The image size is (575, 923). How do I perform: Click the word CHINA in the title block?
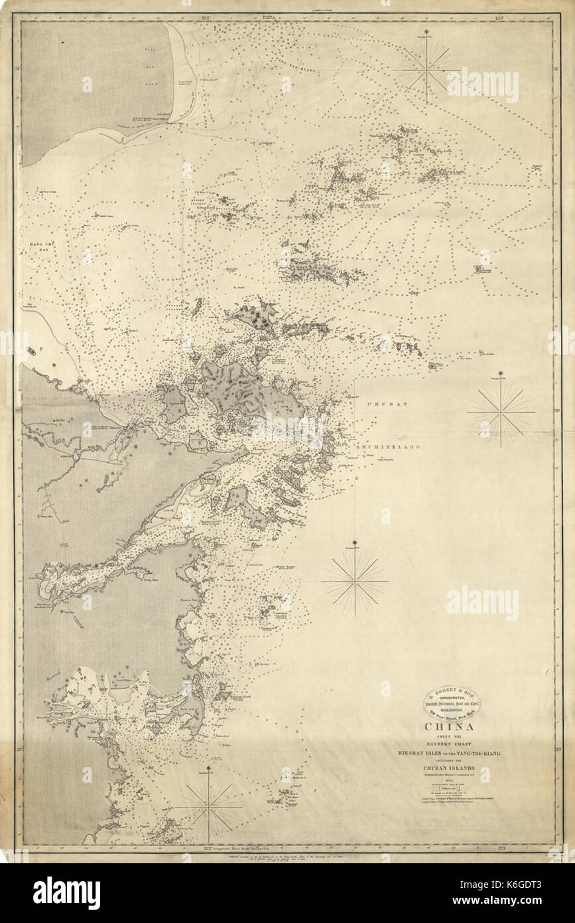pyautogui.click(x=454, y=726)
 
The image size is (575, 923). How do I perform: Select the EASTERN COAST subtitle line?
pyautogui.click(x=454, y=744)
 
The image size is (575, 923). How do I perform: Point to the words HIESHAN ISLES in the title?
pyautogui.click(x=418, y=754)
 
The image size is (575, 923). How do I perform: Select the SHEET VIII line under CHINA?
pyautogui.click(x=454, y=736)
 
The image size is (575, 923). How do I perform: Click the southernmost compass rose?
pyautogui.click(x=208, y=806)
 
